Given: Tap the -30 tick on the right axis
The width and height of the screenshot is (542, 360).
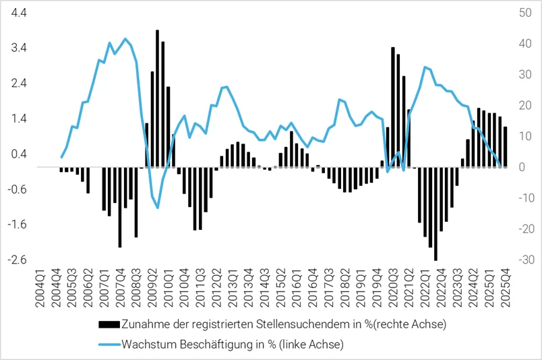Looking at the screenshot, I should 522,260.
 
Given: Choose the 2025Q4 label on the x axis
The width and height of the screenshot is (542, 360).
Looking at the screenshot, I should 505,289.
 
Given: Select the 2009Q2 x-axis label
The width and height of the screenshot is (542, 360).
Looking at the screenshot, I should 152,289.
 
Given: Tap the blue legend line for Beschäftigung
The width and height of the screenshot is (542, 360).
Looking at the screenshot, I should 109,344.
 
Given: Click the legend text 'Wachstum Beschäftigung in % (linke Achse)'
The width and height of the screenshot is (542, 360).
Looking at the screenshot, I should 232,344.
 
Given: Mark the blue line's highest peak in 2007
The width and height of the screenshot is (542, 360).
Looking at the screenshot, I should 125,39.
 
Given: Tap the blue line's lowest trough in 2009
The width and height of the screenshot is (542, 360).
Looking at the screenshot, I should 158,207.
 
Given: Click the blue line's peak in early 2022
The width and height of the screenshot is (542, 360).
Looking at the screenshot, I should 425,67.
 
